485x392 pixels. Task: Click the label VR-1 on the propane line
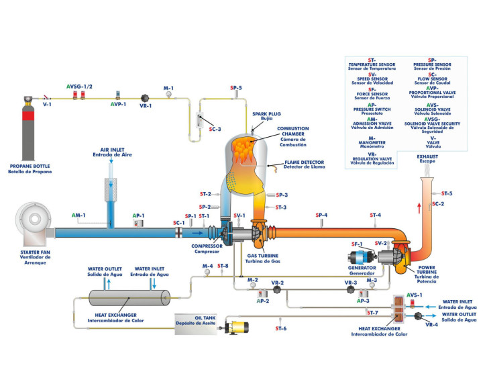pos(146,105)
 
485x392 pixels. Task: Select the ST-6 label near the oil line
pos(280,328)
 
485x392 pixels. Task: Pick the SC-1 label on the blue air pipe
pos(179,222)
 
